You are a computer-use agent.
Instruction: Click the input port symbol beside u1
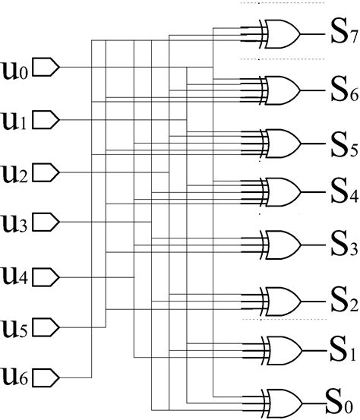[x=48, y=119]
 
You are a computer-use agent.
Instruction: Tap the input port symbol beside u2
[x=48, y=171]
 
